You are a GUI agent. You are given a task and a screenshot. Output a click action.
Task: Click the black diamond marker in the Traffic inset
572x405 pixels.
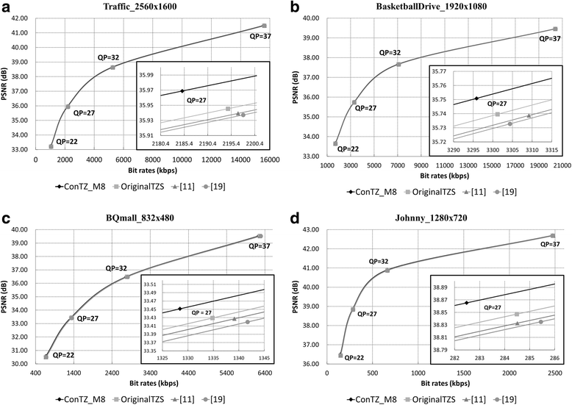click(x=182, y=90)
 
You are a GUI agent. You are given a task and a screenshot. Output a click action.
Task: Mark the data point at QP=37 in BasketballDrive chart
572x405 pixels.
click(x=555, y=29)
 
